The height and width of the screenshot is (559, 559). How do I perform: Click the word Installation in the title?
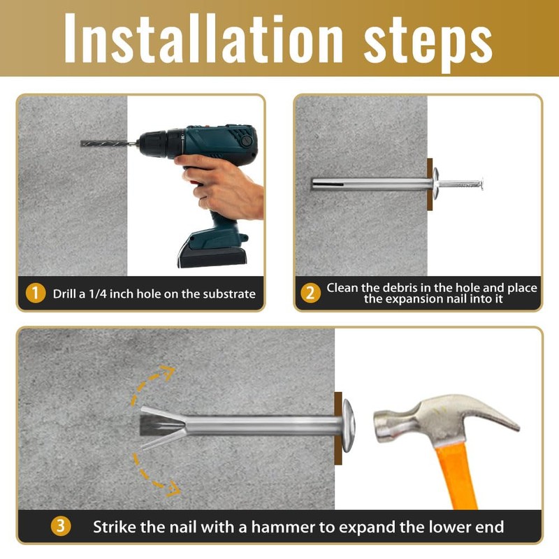(x=203, y=38)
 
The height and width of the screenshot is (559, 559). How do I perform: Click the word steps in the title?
(x=428, y=43)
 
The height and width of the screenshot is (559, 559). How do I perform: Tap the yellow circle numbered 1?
(x=36, y=293)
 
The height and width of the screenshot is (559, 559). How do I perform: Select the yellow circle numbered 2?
(x=310, y=293)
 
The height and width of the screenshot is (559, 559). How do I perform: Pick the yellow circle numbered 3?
(x=61, y=526)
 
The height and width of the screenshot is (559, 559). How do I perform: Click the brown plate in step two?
(x=430, y=184)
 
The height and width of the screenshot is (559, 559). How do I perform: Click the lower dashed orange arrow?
(x=150, y=478)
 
